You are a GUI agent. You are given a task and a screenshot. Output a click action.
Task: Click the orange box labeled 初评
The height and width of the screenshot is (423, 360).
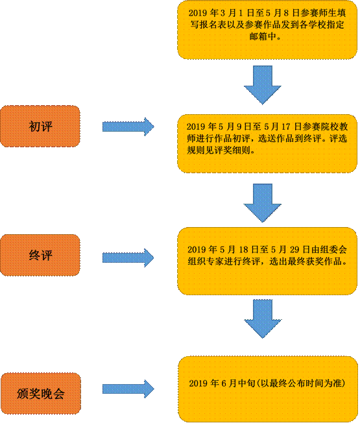(x=40, y=127)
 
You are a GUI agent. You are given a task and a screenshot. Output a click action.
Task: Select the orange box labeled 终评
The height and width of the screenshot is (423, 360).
(x=40, y=255)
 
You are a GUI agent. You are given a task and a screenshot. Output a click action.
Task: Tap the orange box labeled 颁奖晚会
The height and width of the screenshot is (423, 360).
(x=41, y=393)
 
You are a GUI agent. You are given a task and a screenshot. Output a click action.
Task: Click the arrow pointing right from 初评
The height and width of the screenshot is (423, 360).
(x=128, y=127)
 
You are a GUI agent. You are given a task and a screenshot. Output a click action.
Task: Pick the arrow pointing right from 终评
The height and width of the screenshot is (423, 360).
(x=128, y=258)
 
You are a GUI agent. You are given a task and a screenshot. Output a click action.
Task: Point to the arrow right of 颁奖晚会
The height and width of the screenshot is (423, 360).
(x=128, y=389)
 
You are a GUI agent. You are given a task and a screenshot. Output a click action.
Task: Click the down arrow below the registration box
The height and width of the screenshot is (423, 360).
(x=263, y=85)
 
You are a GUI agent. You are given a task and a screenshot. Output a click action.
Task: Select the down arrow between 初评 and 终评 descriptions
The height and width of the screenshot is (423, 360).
(x=263, y=203)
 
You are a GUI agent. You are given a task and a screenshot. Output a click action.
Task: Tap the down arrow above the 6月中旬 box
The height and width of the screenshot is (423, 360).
(x=263, y=319)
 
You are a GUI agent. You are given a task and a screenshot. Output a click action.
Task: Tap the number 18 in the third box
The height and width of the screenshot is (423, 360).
(x=243, y=250)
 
